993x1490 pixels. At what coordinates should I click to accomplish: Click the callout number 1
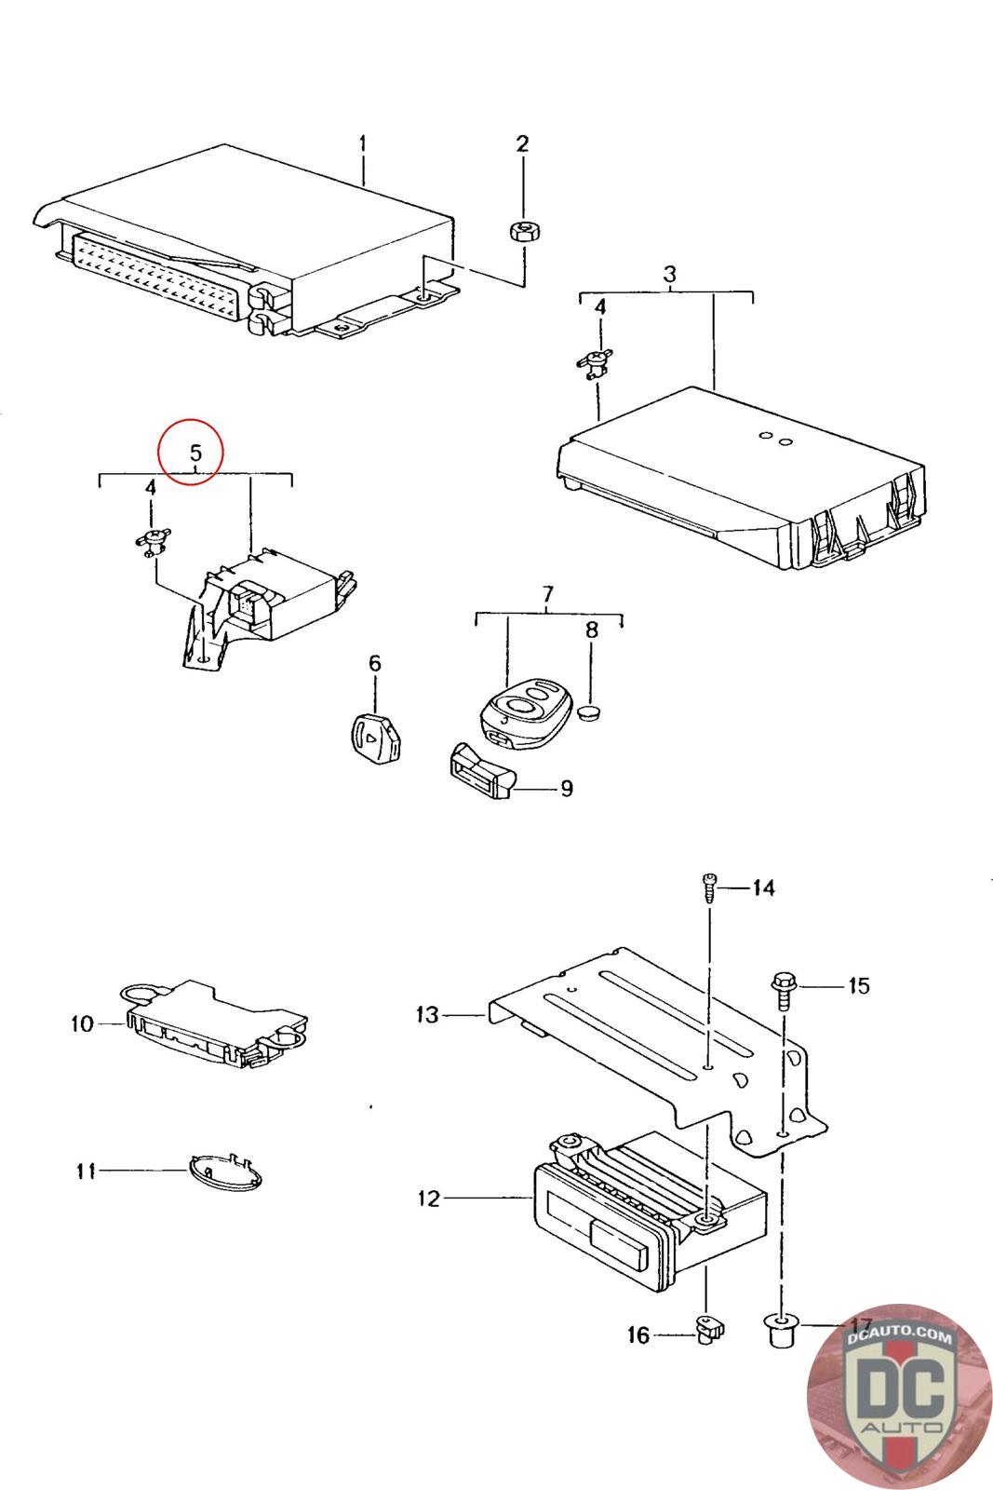(363, 144)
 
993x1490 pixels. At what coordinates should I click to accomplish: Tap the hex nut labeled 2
(522, 232)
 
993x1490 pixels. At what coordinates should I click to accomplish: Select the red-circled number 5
(195, 453)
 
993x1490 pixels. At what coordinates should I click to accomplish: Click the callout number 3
(669, 274)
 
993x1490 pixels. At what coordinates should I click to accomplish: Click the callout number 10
(82, 1024)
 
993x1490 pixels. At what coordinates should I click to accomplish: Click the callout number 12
(428, 1199)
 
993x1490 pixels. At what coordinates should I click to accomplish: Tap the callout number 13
(426, 1014)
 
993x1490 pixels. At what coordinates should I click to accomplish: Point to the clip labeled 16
(706, 1330)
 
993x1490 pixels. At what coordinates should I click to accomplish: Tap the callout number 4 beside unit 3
(600, 305)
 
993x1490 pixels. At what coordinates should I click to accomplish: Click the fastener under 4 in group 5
(151, 540)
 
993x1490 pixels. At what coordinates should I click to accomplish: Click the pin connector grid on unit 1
(154, 275)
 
